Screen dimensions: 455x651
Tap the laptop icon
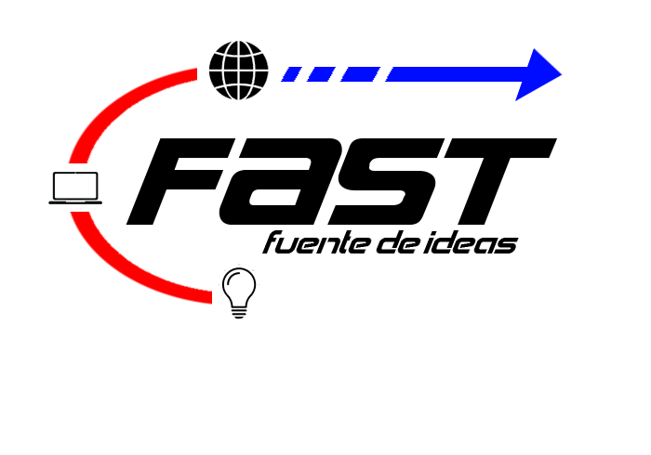pos(75,188)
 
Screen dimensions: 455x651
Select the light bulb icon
pos(238,292)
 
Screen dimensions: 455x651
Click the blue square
pos(539,74)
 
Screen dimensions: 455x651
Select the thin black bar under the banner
pos(390,242)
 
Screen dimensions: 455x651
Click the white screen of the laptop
pos(75,186)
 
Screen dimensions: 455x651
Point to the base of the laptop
pos(75,201)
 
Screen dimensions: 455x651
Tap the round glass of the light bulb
pos(238,282)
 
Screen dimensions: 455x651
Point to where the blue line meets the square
pos(516,74)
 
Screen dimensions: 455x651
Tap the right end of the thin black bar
pos(516,242)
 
